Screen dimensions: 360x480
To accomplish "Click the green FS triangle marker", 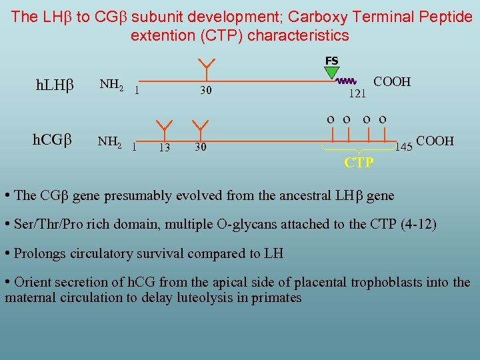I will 331,72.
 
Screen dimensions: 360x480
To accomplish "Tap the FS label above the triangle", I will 331,61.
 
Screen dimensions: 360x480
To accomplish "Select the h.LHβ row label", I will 54,85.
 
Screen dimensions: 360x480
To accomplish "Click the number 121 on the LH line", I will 358,94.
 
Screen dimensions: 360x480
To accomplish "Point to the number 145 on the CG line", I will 404,147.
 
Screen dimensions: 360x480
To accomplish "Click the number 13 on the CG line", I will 164,147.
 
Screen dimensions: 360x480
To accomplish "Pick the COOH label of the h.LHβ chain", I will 392,82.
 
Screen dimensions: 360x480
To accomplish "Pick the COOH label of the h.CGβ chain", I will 435,141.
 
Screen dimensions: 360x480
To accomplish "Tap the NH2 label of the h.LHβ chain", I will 111,84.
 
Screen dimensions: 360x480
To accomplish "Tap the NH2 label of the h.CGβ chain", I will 111,141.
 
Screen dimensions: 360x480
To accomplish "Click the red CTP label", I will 359,163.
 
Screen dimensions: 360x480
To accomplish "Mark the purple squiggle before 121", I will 347,81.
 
